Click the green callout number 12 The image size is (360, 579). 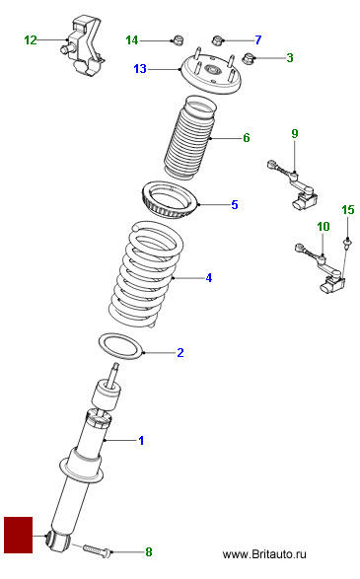pyautogui.click(x=31, y=40)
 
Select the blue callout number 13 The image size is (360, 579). pyautogui.click(x=140, y=69)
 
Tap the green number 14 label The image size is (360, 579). pyautogui.click(x=132, y=40)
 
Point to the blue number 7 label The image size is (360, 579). pyautogui.click(x=258, y=39)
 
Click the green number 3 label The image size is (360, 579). pyautogui.click(x=290, y=57)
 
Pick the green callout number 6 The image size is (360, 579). pyautogui.click(x=247, y=138)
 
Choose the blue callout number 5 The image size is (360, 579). pyautogui.click(x=235, y=204)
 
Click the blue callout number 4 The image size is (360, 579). pyautogui.click(x=209, y=278)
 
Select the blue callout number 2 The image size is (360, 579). pyautogui.click(x=180, y=353)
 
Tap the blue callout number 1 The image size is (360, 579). pyautogui.click(x=141, y=440)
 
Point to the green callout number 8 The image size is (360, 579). pyautogui.click(x=148, y=552)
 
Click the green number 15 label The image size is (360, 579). pyautogui.click(x=348, y=210)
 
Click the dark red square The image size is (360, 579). pyautogui.click(x=19, y=535)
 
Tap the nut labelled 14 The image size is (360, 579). pyautogui.click(x=179, y=39)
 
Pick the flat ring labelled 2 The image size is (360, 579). pyautogui.click(x=120, y=345)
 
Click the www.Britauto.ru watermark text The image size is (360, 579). pyautogui.click(x=264, y=554)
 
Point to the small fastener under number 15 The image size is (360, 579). pyautogui.click(x=347, y=243)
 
